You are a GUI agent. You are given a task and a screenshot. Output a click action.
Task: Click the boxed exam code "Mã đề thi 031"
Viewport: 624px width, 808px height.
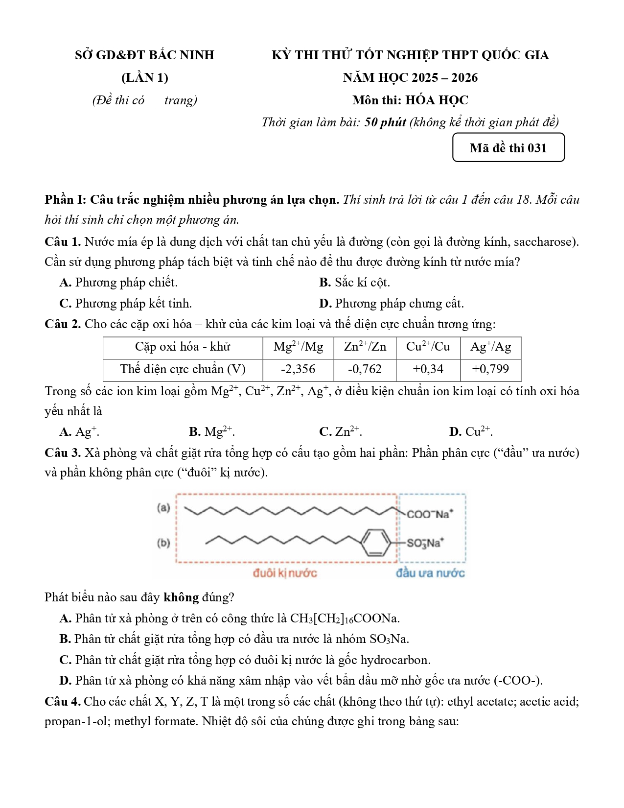tap(508, 148)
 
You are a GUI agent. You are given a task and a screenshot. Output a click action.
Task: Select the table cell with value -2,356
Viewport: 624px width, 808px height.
tap(298, 369)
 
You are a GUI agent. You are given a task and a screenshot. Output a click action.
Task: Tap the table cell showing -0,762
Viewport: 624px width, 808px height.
tap(365, 369)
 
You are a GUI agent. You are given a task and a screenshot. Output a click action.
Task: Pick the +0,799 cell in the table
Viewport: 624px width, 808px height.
tap(490, 369)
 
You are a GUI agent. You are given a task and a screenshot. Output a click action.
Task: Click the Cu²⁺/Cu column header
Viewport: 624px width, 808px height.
tap(428, 347)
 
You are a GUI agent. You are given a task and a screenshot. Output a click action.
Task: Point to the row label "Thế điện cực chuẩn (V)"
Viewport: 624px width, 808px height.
tap(183, 369)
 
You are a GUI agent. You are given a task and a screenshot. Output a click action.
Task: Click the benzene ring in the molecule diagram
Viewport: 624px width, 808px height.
tap(376, 542)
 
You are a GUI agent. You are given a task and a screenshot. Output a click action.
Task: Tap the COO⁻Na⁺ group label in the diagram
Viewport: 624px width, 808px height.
tap(430, 514)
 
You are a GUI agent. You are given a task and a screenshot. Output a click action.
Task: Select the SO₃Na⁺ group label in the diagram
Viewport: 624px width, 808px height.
tap(425, 543)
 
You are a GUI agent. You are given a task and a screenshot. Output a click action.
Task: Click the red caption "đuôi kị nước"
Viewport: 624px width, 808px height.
tap(285, 573)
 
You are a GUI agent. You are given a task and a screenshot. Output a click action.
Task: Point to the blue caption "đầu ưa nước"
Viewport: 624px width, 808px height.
tap(430, 573)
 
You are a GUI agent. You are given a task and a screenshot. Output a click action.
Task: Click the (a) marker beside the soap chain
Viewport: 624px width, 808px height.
tap(163, 507)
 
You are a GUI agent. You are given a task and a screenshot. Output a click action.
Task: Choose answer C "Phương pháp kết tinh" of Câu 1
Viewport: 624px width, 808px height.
tap(126, 304)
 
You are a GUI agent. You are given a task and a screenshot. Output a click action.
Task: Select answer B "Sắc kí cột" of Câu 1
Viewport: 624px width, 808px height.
tap(354, 283)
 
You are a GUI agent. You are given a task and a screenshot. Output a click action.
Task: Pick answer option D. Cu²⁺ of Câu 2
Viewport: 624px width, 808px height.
tap(471, 432)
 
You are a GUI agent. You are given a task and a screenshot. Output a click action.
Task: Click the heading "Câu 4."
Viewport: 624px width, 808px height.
tap(63, 702)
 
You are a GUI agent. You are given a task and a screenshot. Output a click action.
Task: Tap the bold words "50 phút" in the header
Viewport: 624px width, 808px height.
tap(385, 122)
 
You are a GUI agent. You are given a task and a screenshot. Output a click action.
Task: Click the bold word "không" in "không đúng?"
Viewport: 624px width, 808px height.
tap(181, 597)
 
